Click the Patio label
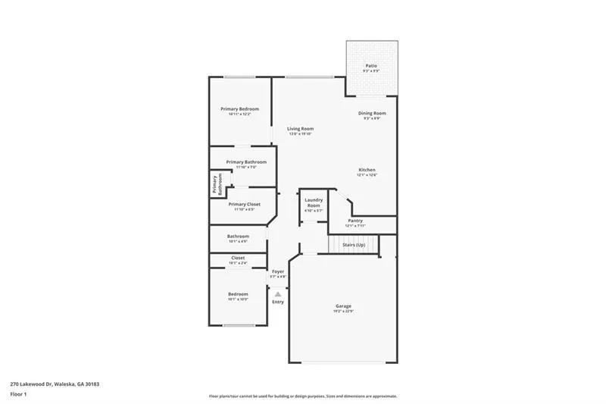(x=371, y=66)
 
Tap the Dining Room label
(x=371, y=113)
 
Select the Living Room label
(x=300, y=129)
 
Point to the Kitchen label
(x=367, y=170)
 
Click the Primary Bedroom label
(x=239, y=109)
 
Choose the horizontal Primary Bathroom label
(x=245, y=161)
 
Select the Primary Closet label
(x=243, y=204)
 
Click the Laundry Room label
(x=313, y=203)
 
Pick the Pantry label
(x=355, y=221)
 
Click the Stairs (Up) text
(x=354, y=245)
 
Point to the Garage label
(x=343, y=306)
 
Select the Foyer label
(x=278, y=271)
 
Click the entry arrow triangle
(x=278, y=293)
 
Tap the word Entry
(x=278, y=302)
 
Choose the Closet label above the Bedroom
(x=238, y=258)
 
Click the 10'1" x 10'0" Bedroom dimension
(x=238, y=299)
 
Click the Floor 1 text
(x=18, y=395)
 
